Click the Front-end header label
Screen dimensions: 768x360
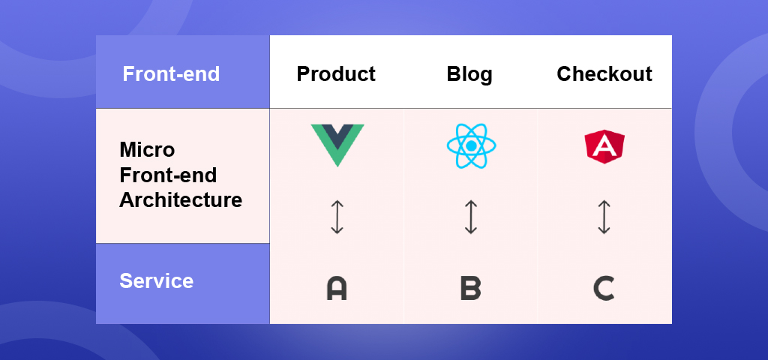[x=171, y=74]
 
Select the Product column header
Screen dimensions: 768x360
[x=336, y=74]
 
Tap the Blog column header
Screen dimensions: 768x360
[x=469, y=74]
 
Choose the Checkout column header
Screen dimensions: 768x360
[x=604, y=74]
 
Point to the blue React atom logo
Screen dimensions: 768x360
[x=471, y=146]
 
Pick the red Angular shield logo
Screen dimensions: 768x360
[x=604, y=146]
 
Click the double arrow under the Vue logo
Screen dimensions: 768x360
[x=337, y=217]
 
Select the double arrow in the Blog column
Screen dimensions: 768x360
[x=471, y=217]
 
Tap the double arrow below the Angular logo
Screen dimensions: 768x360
[x=604, y=217]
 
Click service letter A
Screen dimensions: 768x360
[x=337, y=289]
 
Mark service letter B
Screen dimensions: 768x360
[x=471, y=289]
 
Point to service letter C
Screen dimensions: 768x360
[x=604, y=289]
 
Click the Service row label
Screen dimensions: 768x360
[x=156, y=281]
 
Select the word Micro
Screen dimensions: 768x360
[x=147, y=149]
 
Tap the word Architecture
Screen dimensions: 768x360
[x=181, y=199]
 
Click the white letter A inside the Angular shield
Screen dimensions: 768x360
[x=604, y=146]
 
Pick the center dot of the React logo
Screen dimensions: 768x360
[x=471, y=146]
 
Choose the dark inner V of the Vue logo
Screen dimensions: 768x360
[x=337, y=136]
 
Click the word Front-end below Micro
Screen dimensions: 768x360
[x=168, y=175]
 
